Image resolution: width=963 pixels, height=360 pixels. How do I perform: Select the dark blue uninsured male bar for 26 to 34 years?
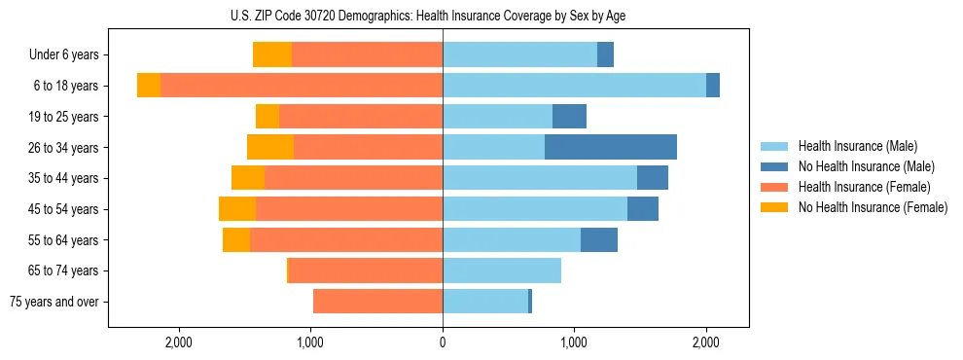[x=611, y=148]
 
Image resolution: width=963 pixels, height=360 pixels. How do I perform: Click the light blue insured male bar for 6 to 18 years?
[x=574, y=86]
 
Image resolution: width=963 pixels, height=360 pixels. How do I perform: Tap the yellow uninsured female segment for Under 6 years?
[x=272, y=54]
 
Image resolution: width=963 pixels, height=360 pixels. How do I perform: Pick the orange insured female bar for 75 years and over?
[x=377, y=302]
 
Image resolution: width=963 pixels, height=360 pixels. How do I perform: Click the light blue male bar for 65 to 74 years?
[x=502, y=270]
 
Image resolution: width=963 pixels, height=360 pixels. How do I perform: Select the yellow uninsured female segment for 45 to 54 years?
[x=237, y=209]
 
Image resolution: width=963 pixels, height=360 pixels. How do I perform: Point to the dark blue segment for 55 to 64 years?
[x=599, y=240]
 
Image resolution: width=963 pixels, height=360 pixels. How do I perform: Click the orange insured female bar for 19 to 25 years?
[x=361, y=117]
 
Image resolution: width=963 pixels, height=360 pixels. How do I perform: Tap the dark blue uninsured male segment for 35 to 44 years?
[x=653, y=178]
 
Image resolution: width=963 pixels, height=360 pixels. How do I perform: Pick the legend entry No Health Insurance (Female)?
[x=873, y=207]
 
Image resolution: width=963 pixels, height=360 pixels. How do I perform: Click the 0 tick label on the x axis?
[x=443, y=342]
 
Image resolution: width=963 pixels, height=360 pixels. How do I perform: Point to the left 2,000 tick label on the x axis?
[x=179, y=342]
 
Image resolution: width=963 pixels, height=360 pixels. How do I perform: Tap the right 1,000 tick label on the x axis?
[x=574, y=342]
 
